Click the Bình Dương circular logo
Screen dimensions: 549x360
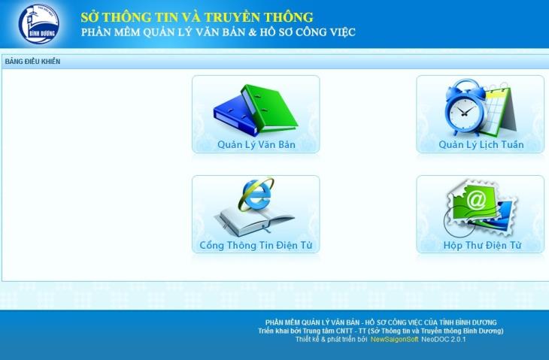[39, 24]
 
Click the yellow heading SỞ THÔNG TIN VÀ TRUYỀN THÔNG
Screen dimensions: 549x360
[197, 17]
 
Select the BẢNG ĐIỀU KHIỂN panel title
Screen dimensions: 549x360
[32, 62]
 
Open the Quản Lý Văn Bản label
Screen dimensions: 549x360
[256, 144]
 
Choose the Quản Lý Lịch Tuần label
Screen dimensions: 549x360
[481, 144]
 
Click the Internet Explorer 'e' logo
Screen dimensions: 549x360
[256, 195]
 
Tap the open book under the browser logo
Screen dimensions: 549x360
[254, 220]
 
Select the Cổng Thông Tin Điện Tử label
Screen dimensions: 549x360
[256, 245]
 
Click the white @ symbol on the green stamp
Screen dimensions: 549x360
[476, 200]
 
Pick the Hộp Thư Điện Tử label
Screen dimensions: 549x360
[482, 245]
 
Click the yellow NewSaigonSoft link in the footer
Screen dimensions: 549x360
[394, 340]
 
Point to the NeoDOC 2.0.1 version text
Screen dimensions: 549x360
[444, 340]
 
